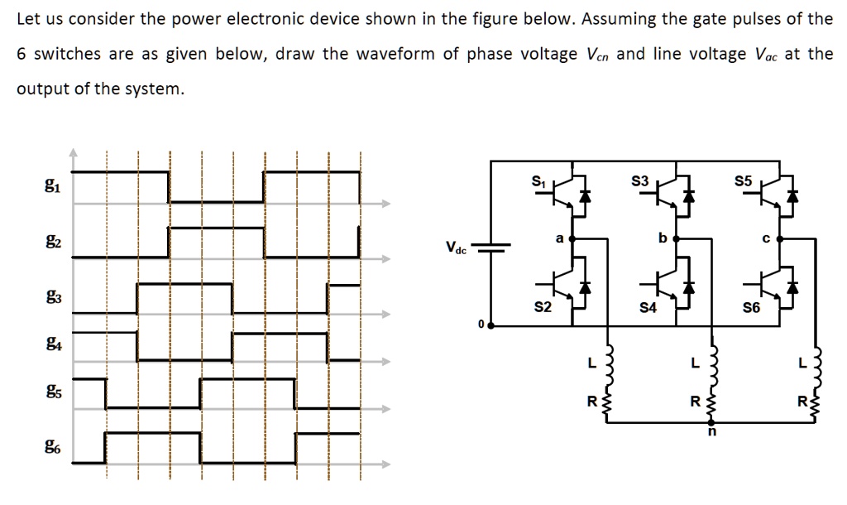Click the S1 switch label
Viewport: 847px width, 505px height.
click(x=538, y=180)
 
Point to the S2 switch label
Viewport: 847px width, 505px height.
click(x=543, y=308)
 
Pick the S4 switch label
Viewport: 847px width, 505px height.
click(x=648, y=309)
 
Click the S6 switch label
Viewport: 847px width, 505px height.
click(x=751, y=309)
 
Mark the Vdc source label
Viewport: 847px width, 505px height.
click(x=456, y=247)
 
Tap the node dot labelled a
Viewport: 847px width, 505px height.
click(x=572, y=238)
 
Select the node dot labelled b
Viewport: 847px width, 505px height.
click(x=676, y=238)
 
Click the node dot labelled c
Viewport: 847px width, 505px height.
click(x=780, y=238)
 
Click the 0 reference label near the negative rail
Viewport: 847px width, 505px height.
click(x=480, y=325)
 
